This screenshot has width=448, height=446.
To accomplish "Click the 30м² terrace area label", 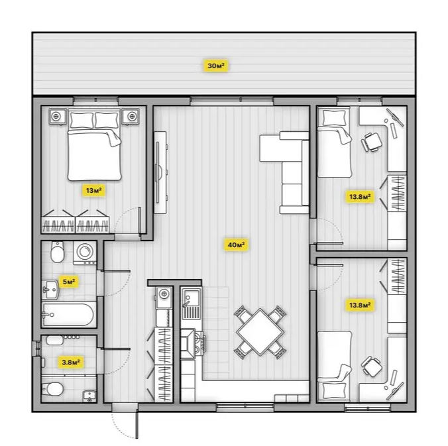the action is [215, 66].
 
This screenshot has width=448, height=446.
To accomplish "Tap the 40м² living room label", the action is [236, 245].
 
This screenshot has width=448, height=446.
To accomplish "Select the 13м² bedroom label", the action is [94, 190].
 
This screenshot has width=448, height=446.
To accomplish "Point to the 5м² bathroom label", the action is [68, 282].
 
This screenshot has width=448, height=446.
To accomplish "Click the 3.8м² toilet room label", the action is [70, 362].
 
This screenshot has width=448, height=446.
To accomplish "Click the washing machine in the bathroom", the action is [85, 253].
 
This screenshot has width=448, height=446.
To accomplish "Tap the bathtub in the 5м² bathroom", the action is [68, 314].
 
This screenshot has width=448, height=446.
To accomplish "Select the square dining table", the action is [260, 332].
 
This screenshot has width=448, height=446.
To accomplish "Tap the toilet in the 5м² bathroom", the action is [57, 252].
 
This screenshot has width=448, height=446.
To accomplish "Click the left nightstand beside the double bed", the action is [58, 116].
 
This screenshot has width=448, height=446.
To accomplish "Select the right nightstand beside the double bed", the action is [131, 116].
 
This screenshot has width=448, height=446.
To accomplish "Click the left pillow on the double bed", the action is [82, 120].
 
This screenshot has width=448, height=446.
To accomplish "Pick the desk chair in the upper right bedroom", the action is [371, 141].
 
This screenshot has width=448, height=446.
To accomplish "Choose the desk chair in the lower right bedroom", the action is [372, 366].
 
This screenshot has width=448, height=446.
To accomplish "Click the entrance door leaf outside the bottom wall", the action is [137, 425].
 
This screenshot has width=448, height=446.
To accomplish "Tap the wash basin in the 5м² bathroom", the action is [50, 290].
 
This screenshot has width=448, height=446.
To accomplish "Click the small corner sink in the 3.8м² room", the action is [89, 396].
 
